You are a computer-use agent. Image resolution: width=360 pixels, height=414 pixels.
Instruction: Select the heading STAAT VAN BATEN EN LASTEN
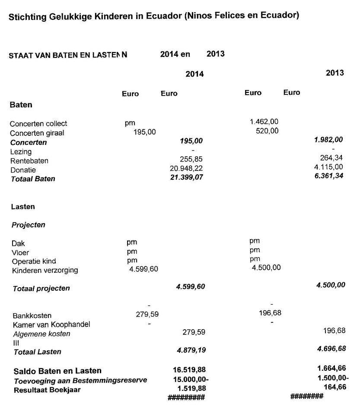pos(68,55)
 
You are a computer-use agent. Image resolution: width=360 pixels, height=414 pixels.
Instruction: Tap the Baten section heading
pos(21,105)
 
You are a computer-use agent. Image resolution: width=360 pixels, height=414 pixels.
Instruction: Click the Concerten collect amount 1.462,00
pos(264,122)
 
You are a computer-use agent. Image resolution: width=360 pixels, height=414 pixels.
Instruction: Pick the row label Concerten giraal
pos(37,133)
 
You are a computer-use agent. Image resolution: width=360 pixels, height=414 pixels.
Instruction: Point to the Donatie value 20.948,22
pos(186,168)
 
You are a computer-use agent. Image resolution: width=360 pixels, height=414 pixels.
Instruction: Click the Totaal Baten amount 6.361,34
pos(328,176)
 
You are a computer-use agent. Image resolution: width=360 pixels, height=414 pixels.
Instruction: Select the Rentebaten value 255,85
pos(191,159)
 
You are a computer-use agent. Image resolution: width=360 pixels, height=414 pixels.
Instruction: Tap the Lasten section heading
pos(23,206)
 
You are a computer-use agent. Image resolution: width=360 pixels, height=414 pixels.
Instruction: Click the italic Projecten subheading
pos(28,225)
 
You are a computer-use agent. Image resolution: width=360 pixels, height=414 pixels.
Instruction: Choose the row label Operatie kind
pos(34,261)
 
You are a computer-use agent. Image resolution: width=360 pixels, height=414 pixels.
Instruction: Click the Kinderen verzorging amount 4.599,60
pos(143,269)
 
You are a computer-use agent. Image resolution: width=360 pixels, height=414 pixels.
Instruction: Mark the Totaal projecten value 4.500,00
pos(331,285)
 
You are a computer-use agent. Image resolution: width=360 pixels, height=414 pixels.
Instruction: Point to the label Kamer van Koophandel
pos(51,324)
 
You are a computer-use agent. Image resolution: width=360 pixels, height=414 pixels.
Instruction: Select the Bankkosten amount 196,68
pos(270,313)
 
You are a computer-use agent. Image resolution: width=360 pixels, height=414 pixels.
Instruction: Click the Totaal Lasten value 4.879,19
pos(191,350)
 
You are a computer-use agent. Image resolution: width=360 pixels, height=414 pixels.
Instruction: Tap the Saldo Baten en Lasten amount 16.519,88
pos(189,369)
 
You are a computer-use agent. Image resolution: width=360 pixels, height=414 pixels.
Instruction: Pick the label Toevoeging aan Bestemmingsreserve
pos(80,381)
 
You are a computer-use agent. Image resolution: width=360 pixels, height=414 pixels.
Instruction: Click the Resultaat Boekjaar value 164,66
pos(335,387)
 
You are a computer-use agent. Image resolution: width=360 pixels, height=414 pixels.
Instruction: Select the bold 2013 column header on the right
pos(335,73)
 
